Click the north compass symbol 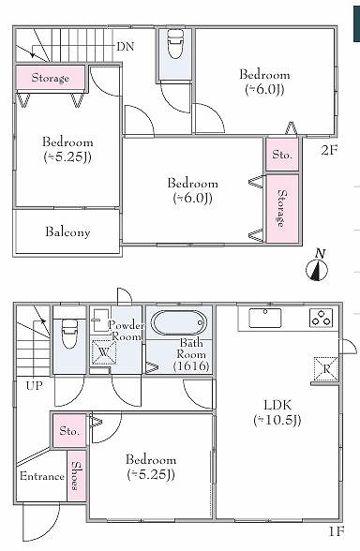coord(317,269)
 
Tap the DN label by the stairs coord(126,47)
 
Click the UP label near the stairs coord(34,386)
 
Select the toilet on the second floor coord(175,44)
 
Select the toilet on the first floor coord(69,334)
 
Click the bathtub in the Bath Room coord(179,322)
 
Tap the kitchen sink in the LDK coord(265,318)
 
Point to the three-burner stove coord(321,318)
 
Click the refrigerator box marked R coord(326,368)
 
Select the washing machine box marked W coord(103,352)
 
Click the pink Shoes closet coord(76,475)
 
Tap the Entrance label coord(42,476)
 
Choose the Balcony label coord(67,232)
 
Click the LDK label coord(277,405)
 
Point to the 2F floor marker coord(329,150)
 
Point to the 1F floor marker coord(336,531)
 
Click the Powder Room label coord(127,331)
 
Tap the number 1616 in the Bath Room coord(191,366)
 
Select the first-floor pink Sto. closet coord(69,430)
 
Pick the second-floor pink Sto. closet coord(282,155)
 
